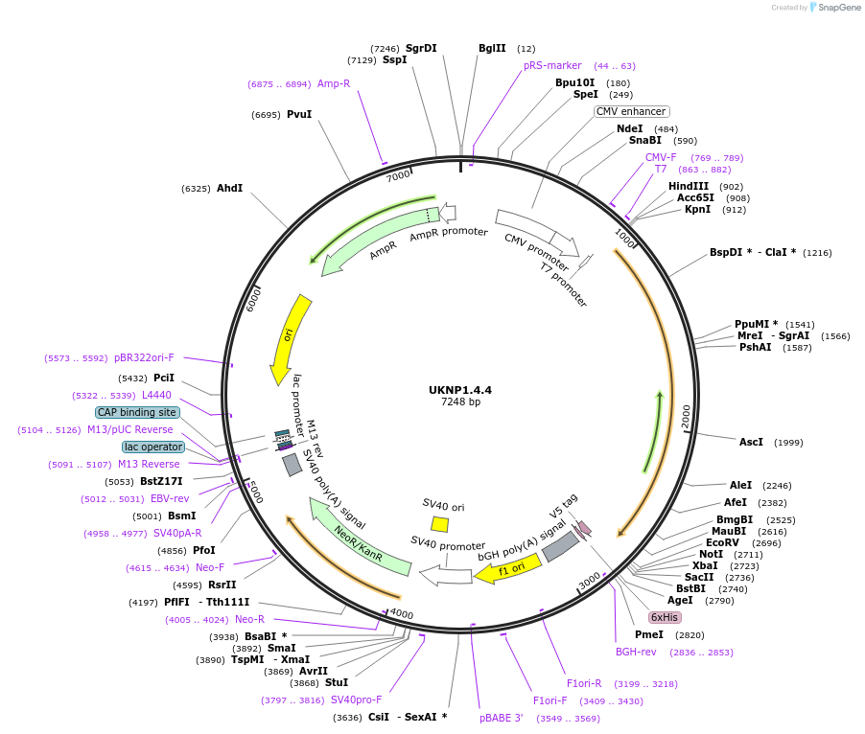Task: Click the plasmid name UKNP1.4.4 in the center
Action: (460, 390)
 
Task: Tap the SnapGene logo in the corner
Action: (833, 8)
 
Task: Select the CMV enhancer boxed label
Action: (631, 111)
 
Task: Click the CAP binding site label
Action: (137, 412)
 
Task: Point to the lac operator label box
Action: (152, 447)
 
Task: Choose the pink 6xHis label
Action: (664, 617)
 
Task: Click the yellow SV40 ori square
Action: (439, 524)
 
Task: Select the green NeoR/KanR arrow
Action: (360, 543)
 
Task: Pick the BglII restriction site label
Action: (492, 48)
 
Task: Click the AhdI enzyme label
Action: (229, 188)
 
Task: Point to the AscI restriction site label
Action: (751, 442)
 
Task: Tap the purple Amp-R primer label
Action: (334, 83)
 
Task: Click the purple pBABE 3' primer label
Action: (502, 717)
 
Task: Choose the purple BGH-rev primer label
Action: (636, 652)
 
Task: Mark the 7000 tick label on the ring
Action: (398, 175)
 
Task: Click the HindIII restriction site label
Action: (689, 186)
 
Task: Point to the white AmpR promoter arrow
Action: (448, 214)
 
